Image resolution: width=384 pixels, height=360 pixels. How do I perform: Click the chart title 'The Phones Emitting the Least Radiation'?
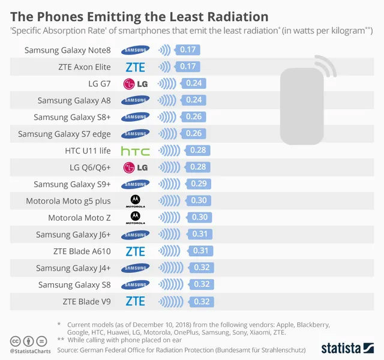click(139, 14)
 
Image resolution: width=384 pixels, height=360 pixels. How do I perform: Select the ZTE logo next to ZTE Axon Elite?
click(135, 67)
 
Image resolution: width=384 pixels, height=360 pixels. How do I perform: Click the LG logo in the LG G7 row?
click(135, 83)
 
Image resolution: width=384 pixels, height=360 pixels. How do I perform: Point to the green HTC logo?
click(135, 151)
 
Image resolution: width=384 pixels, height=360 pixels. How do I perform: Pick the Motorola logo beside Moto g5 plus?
click(135, 201)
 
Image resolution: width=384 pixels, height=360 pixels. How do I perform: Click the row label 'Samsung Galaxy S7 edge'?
click(64, 134)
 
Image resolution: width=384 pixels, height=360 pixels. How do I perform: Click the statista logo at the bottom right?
click(348, 347)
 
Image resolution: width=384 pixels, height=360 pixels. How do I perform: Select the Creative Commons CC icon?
click(14, 341)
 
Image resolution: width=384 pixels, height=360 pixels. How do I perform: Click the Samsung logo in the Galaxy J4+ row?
click(135, 268)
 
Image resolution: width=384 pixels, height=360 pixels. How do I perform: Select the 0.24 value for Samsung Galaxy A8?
click(194, 100)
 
